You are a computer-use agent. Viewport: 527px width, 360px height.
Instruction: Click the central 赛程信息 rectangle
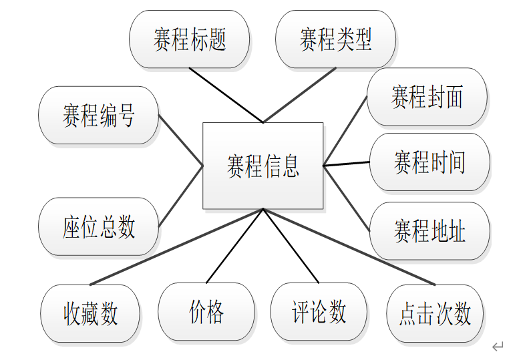pyautogui.click(x=262, y=166)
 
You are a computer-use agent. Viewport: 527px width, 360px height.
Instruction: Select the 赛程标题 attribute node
pyautogui.click(x=190, y=39)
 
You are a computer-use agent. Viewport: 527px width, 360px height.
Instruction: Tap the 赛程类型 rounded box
pyautogui.click(x=335, y=39)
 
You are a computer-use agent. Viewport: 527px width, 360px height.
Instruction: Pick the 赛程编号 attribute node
pyautogui.click(x=99, y=115)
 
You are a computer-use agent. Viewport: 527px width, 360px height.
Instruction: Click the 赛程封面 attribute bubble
pyautogui.click(x=427, y=97)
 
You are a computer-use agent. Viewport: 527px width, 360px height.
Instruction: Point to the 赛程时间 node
pyautogui.click(x=429, y=162)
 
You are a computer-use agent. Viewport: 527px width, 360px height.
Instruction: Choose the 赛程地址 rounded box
pyautogui.click(x=429, y=231)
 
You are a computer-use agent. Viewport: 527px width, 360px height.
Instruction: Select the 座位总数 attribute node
pyautogui.click(x=99, y=226)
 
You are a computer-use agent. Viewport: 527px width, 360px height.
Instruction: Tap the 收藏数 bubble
pyautogui.click(x=91, y=313)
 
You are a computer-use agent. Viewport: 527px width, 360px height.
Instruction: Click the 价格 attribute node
pyautogui.click(x=206, y=312)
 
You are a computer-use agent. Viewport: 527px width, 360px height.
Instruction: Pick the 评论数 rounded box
pyautogui.click(x=319, y=312)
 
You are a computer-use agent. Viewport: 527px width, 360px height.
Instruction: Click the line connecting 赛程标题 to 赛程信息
pyautogui.click(x=226, y=96)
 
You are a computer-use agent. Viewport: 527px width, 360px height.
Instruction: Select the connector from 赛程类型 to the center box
pyautogui.click(x=299, y=96)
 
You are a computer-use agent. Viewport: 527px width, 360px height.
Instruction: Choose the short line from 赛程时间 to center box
pyautogui.click(x=346, y=164)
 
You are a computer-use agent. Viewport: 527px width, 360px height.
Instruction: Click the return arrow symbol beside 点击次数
pyautogui.click(x=497, y=346)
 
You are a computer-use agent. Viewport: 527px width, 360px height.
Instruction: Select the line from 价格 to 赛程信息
pyautogui.click(x=234, y=246)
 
